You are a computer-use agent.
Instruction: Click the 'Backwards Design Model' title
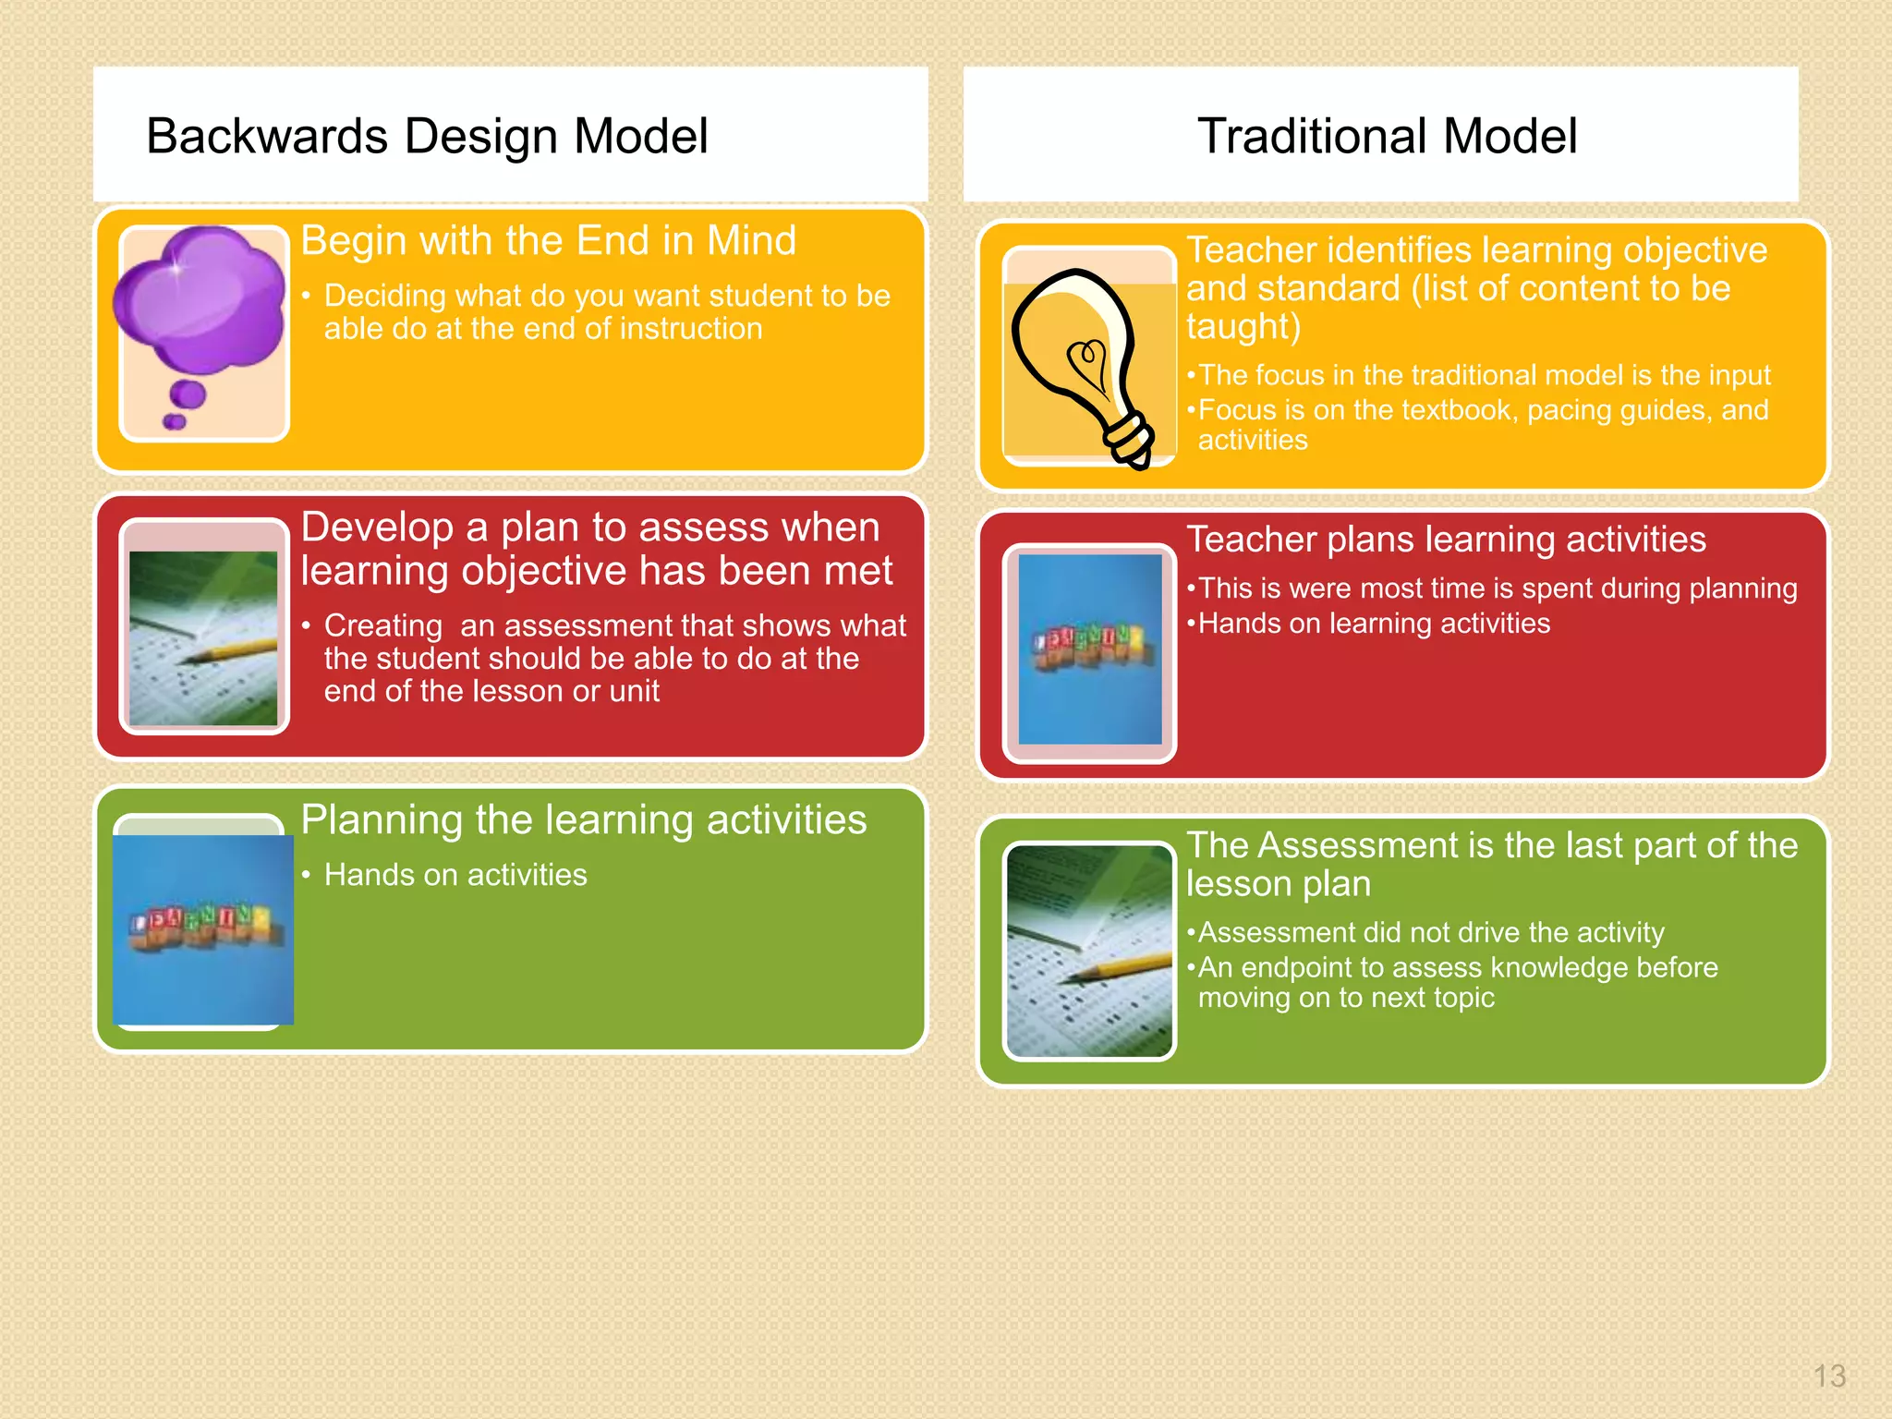(427, 137)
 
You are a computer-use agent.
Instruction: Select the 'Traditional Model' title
(1386, 137)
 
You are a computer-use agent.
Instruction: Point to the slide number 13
(1828, 1377)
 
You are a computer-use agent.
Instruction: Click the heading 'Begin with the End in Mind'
(548, 241)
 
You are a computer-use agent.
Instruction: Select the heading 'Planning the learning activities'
(584, 820)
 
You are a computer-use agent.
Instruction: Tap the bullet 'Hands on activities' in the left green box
(455, 875)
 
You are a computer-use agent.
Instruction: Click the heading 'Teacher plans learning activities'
(1446, 540)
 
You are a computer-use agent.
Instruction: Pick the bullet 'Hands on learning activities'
(1374, 624)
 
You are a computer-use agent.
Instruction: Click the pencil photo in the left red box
(203, 637)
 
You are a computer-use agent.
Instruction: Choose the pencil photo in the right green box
(1089, 952)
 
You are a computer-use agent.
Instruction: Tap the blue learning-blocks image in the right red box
(1089, 649)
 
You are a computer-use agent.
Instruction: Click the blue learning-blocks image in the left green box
(203, 928)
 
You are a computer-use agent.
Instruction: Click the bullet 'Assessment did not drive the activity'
(1430, 933)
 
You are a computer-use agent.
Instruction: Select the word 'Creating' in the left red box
(382, 626)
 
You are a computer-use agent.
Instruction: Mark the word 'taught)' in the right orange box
(1243, 327)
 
